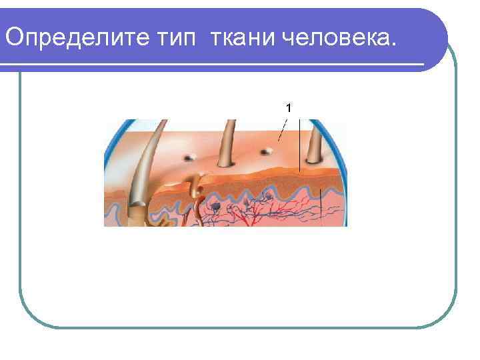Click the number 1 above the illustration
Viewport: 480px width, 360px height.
pos(289,107)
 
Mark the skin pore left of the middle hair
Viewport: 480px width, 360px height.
pos(189,157)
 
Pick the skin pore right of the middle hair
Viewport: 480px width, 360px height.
pos(266,151)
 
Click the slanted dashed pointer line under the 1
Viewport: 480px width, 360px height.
pos(283,130)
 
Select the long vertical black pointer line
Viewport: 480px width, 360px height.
pos(299,147)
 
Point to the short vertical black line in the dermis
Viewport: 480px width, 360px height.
pos(322,203)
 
